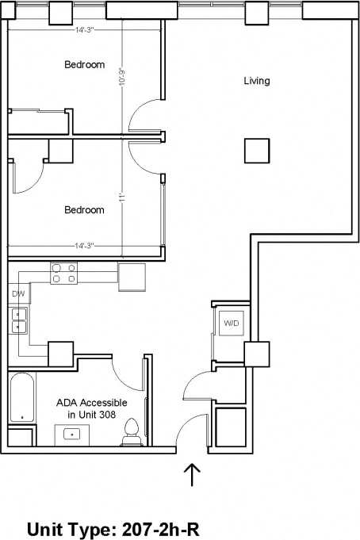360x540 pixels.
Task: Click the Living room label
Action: [256, 81]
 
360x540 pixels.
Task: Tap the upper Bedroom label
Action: [84, 65]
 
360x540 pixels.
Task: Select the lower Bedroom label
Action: [84, 210]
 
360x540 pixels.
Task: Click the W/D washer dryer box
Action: [231, 324]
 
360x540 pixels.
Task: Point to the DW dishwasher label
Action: [17, 294]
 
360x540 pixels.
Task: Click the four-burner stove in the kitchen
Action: [63, 273]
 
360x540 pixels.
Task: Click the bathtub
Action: [21, 399]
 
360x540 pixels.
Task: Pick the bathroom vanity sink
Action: [71, 435]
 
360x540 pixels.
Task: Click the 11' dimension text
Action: [123, 197]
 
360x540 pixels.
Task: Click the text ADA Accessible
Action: [92, 403]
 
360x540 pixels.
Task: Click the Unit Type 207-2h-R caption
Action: [127, 529]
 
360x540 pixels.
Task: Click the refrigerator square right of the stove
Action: [132, 275]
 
